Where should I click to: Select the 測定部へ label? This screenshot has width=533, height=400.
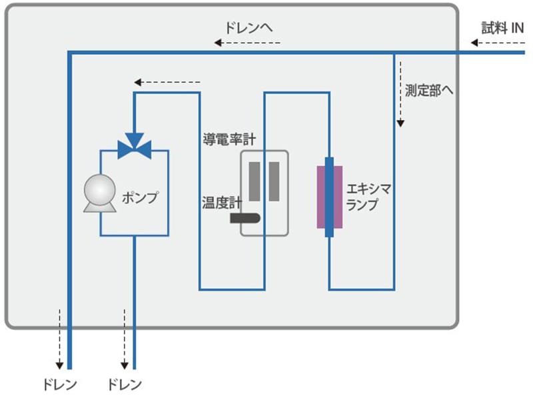click(429, 91)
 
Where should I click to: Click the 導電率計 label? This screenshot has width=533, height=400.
click(229, 139)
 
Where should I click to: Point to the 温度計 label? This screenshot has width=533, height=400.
click(221, 201)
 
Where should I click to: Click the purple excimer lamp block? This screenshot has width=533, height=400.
click(329, 197)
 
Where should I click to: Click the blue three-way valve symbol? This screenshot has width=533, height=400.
click(134, 147)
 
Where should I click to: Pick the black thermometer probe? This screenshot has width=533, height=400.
click(245, 217)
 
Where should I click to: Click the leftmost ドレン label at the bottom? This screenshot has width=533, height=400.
click(59, 385)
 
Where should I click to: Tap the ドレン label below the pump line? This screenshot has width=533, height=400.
click(125, 385)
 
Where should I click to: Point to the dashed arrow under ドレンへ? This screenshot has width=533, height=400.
click(247, 43)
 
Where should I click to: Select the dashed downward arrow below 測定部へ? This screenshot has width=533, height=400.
click(401, 93)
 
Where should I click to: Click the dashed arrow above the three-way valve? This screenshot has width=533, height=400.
click(167, 83)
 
